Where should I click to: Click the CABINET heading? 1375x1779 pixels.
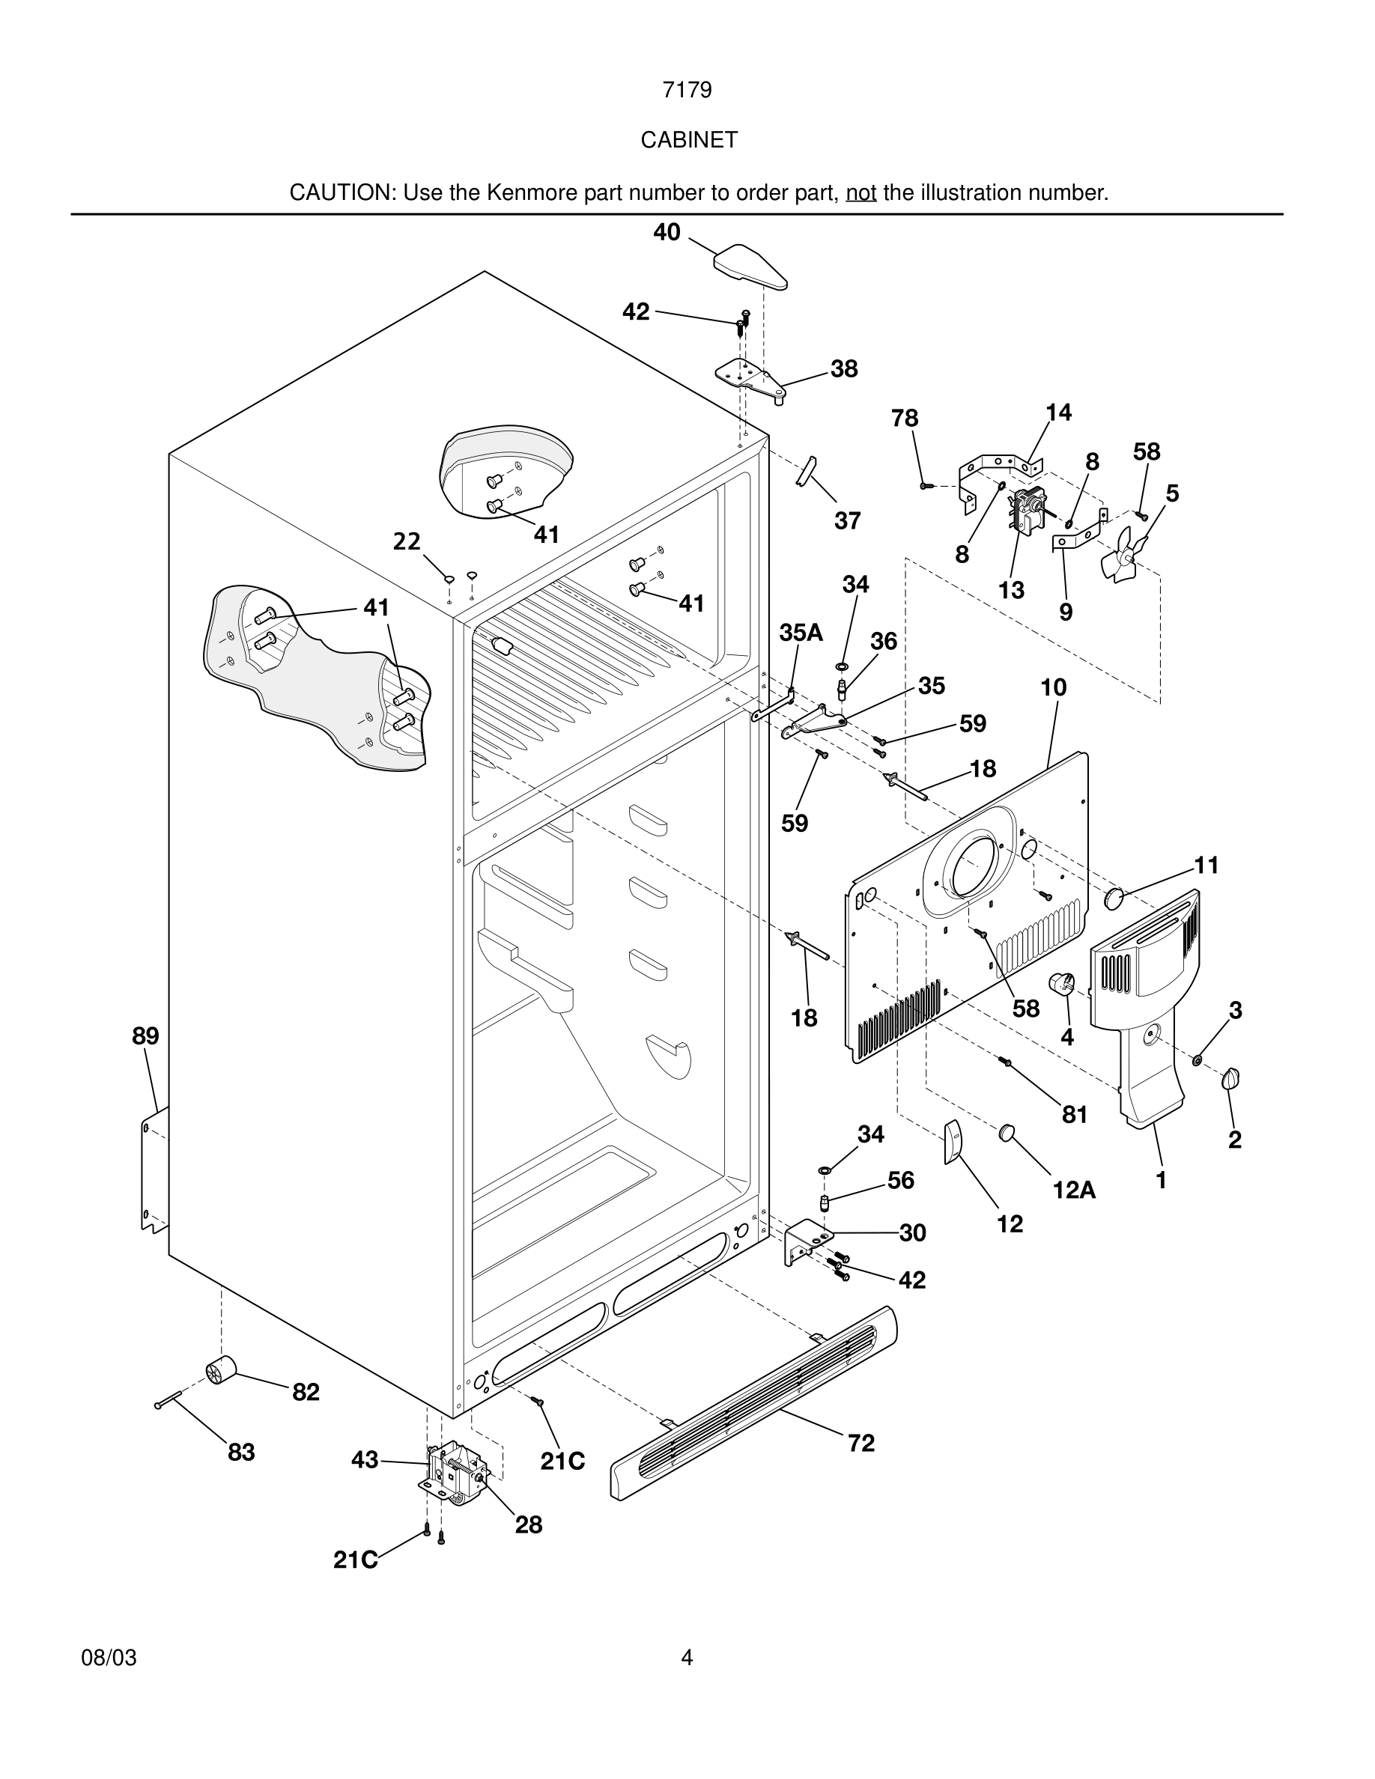point(688,140)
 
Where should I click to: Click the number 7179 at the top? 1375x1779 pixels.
point(687,90)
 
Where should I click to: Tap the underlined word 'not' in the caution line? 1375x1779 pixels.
point(860,193)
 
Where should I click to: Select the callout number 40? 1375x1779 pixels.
point(667,232)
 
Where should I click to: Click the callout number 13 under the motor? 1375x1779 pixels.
point(1011,591)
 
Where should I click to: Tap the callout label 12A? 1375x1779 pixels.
point(1074,1190)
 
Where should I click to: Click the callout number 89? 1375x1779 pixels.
point(146,1036)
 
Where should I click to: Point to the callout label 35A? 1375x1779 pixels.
point(801,633)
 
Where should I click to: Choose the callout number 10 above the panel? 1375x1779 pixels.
point(1053,687)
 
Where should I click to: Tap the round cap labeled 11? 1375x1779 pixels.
point(1114,898)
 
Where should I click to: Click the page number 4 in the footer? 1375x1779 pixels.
point(687,1657)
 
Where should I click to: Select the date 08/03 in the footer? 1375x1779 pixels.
point(109,1658)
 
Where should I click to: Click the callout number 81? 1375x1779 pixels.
point(1075,1114)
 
